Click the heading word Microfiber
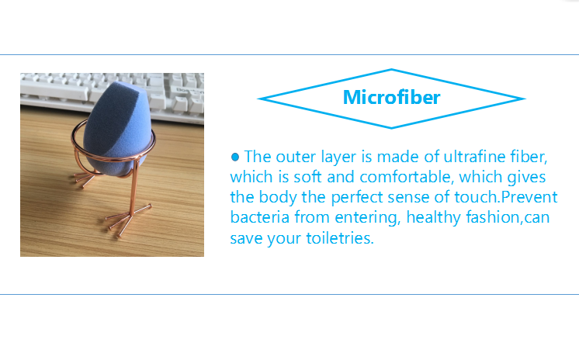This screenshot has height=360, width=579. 391,97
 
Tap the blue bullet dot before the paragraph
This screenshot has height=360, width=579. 235,157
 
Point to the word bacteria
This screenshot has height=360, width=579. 259,217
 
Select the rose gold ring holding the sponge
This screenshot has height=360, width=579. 113,156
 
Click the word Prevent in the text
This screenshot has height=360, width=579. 529,197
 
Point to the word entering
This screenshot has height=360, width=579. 367,217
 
